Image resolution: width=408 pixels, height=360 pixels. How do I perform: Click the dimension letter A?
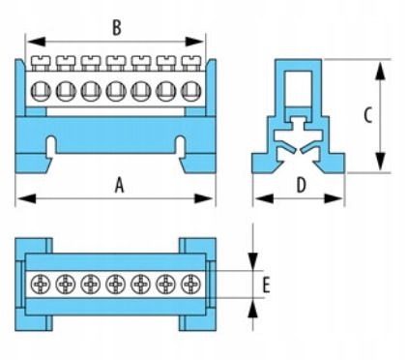coord(120,186)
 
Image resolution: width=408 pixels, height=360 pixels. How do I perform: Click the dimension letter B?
coord(117,28)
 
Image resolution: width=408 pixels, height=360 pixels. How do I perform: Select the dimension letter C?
coord(368,115)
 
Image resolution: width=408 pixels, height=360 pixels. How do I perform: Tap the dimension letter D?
coord(301,185)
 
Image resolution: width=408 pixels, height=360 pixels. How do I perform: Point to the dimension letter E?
coord(266,285)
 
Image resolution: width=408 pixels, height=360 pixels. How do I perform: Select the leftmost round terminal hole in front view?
coord(41,91)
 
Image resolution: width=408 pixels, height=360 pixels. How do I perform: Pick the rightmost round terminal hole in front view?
coord(191,91)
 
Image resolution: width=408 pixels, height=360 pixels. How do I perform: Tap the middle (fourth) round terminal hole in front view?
coord(116,91)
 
